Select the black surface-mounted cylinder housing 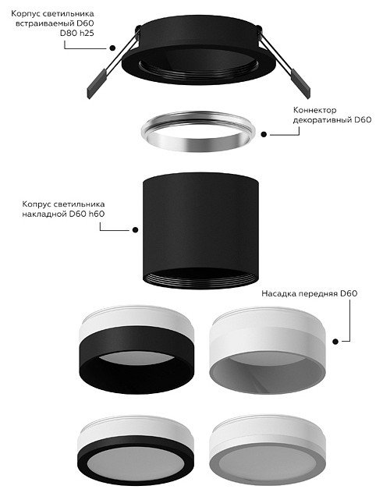click(x=200, y=230)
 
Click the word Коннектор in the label click(x=314, y=110)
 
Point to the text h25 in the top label click(x=87, y=34)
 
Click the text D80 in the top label click(x=69, y=34)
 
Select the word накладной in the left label click(x=44, y=214)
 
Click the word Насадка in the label click(x=279, y=293)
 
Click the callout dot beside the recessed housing click(x=112, y=48)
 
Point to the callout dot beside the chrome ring click(x=264, y=135)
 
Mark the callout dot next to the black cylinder click(x=135, y=229)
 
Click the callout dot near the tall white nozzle click(x=335, y=342)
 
